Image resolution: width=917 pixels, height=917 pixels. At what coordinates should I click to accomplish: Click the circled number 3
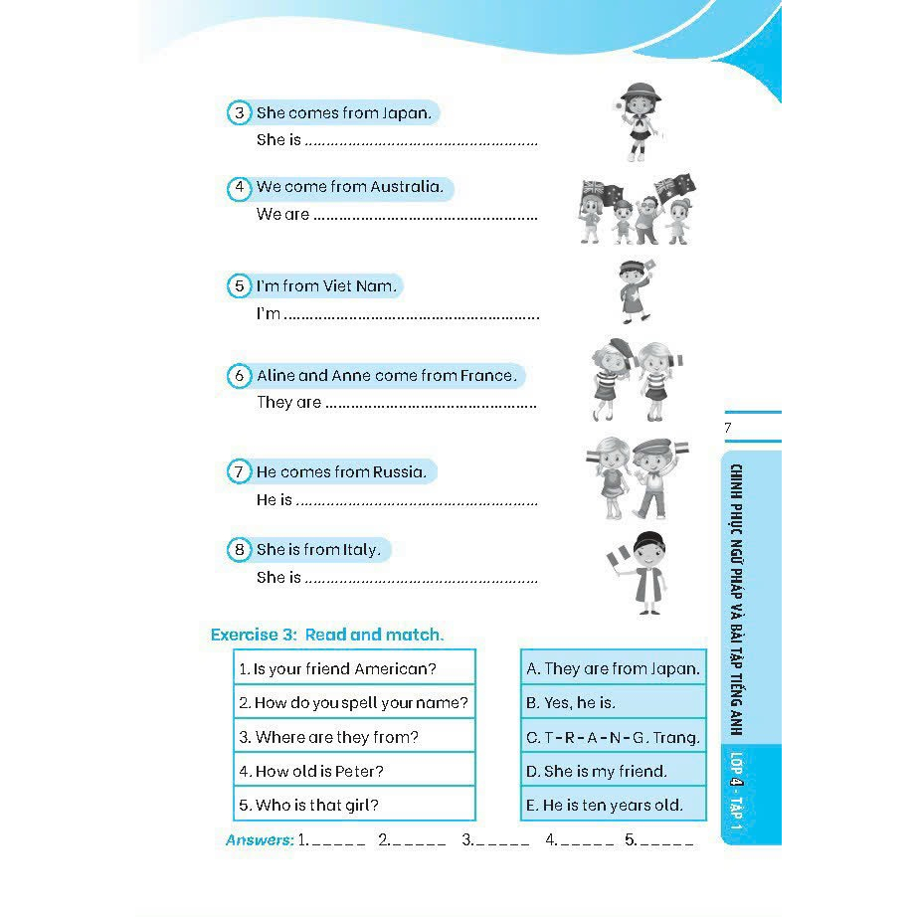239,112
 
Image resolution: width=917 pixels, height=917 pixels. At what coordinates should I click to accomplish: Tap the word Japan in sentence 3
406,113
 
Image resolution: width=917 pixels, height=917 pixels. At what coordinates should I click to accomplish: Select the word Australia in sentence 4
406,187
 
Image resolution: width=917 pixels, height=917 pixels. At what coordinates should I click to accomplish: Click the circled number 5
239,286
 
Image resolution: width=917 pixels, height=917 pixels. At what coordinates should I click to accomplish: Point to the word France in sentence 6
487,376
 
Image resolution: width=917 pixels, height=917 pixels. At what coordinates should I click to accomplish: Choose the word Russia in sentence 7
398,471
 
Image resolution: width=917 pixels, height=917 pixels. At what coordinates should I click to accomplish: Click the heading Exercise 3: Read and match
327,635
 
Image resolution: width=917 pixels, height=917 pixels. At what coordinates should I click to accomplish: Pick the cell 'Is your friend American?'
354,668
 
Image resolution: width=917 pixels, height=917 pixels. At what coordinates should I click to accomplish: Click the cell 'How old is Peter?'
354,771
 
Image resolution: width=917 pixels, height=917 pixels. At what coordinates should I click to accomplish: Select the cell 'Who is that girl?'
354,805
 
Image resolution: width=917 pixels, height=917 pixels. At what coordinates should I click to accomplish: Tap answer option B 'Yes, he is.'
613,702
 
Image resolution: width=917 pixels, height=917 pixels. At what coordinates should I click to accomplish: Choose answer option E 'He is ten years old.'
613,805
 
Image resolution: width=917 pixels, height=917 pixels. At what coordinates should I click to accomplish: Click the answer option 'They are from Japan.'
613,668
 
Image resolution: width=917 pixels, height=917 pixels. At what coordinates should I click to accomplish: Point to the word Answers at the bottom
260,840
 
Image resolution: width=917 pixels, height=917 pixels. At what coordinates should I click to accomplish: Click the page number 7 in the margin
728,428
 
